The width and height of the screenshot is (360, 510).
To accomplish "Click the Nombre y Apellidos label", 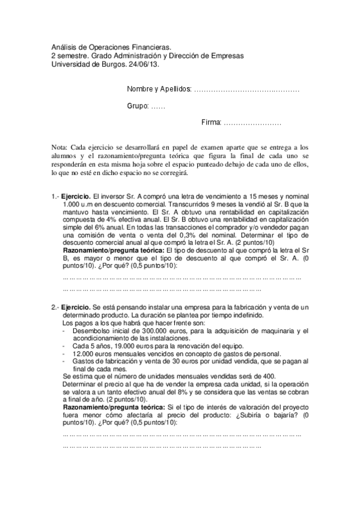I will (x=159, y=90).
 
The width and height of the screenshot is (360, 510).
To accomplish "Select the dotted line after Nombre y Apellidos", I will (x=247, y=90).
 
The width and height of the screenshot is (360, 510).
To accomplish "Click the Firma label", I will (x=211, y=122).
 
